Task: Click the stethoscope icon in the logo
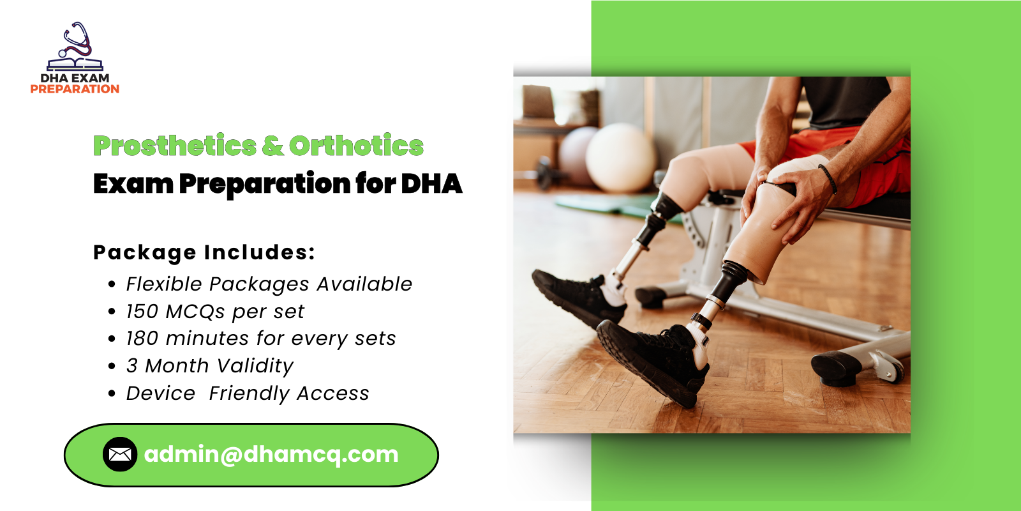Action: (x=76, y=42)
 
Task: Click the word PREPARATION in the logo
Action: (x=75, y=89)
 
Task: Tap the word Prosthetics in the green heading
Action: (x=175, y=146)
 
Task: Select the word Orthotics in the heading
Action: (x=356, y=146)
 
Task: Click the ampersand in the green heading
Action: (x=272, y=146)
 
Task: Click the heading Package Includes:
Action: (x=204, y=252)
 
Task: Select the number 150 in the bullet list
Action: (x=142, y=312)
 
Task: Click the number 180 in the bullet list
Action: (x=142, y=339)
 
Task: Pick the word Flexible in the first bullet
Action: (x=164, y=284)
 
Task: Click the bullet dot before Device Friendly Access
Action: (x=112, y=394)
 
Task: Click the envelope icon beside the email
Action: (x=120, y=454)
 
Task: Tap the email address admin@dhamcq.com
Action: (x=271, y=454)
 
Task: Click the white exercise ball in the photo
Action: (x=620, y=156)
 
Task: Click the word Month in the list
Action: (x=177, y=366)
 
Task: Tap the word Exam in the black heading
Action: (x=133, y=183)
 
